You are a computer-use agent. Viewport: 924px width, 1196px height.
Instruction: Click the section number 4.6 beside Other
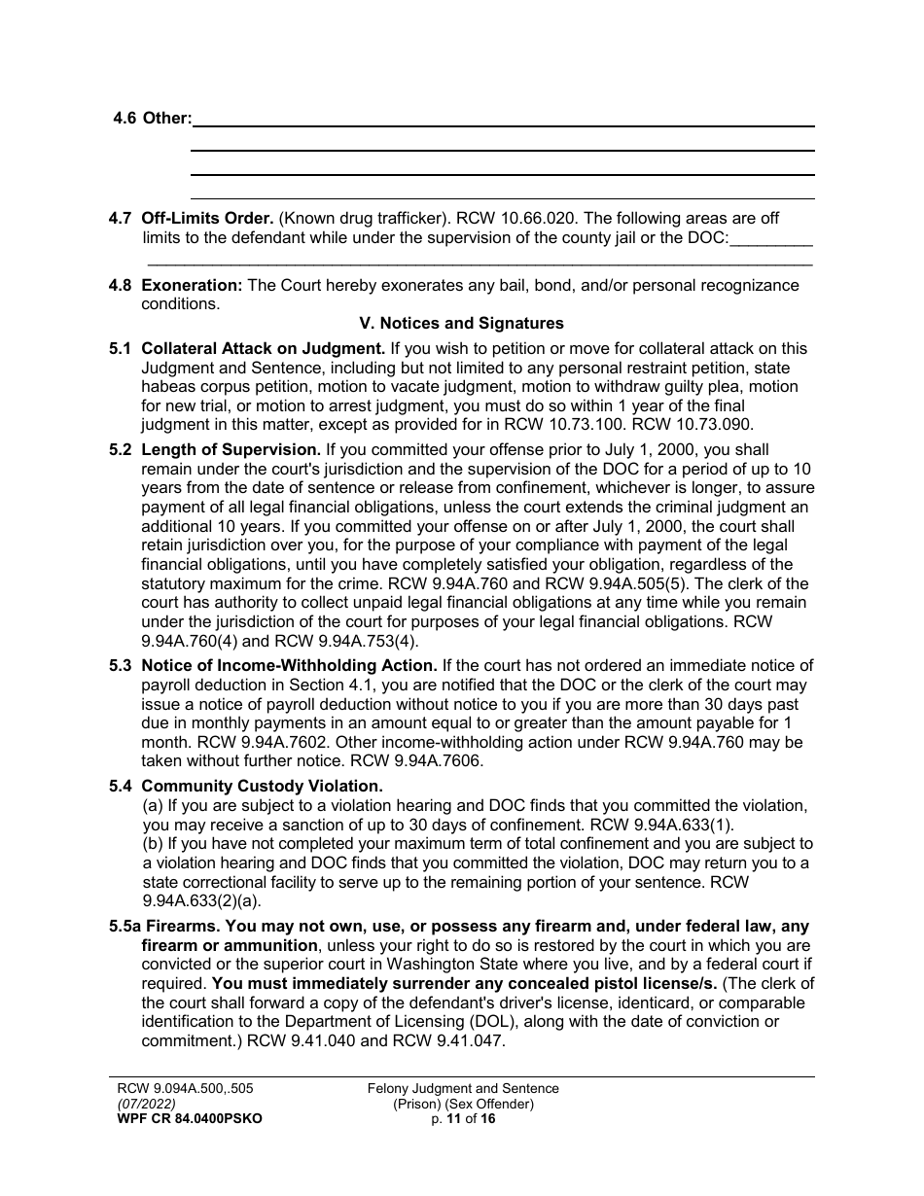125,118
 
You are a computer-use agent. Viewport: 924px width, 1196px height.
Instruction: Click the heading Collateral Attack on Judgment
263,349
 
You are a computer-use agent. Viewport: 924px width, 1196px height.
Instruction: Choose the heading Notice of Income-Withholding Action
289,666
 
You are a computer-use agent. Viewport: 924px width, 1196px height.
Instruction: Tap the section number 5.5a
125,927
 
